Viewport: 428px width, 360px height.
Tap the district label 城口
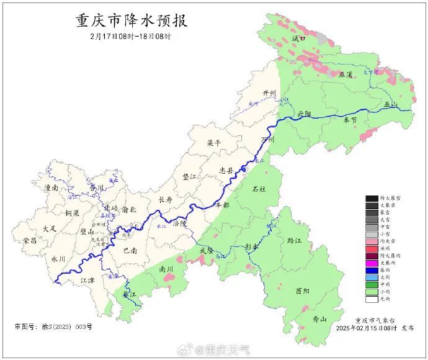(299, 38)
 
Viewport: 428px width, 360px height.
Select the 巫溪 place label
(346, 74)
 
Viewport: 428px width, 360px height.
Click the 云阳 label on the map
(304, 114)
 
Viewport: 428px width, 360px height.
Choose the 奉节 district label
(350, 121)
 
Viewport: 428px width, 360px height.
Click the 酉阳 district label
(303, 290)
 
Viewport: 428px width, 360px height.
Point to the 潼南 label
(51, 187)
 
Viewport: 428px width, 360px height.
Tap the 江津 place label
(89, 281)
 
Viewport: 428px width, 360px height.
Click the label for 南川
(167, 270)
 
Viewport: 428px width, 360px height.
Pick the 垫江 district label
(190, 177)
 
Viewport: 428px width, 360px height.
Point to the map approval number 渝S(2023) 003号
(53, 326)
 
